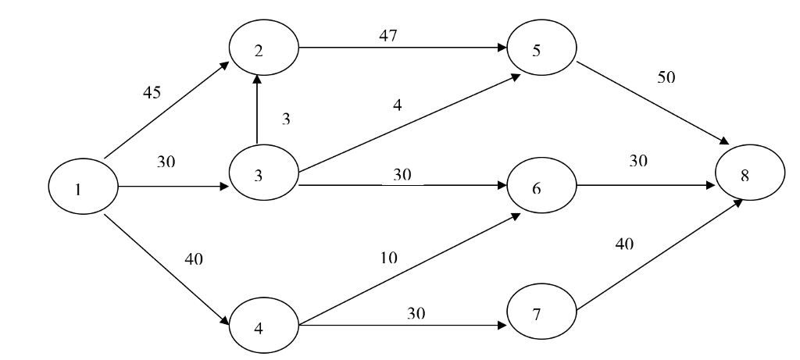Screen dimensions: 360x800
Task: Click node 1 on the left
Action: (x=81, y=188)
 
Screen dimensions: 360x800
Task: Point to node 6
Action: (x=541, y=187)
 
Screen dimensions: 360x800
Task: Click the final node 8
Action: (x=745, y=176)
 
